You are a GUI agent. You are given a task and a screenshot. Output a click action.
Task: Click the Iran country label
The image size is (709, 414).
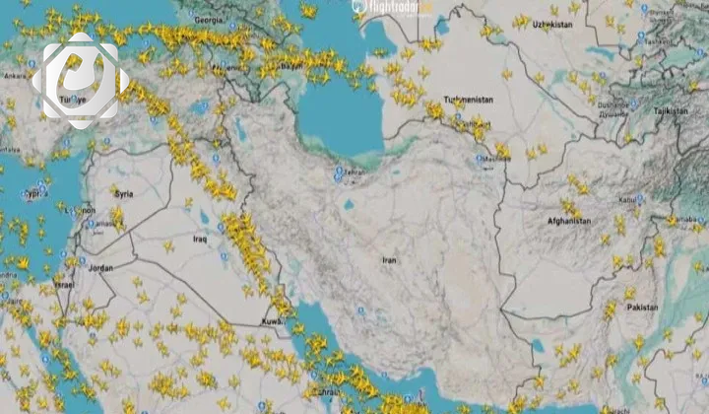point(389,260)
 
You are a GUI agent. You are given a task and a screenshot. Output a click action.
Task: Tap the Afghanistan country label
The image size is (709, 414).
point(569,221)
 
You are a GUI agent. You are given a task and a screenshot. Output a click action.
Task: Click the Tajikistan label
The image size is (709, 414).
point(672,111)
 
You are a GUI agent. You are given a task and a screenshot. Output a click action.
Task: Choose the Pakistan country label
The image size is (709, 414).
point(643,307)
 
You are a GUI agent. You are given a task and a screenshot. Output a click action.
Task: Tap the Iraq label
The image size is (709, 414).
point(200,239)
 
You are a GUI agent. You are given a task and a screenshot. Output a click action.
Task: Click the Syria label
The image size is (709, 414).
point(125,194)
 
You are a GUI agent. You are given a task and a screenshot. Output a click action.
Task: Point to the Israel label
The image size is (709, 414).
point(64,284)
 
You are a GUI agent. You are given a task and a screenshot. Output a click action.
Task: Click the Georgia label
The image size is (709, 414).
point(209,19)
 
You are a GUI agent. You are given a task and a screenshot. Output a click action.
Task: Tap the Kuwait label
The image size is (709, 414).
point(273,321)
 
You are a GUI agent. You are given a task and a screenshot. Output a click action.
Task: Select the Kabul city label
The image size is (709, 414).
point(627,200)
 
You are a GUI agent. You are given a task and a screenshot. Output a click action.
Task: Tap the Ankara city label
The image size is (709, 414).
point(15,75)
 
